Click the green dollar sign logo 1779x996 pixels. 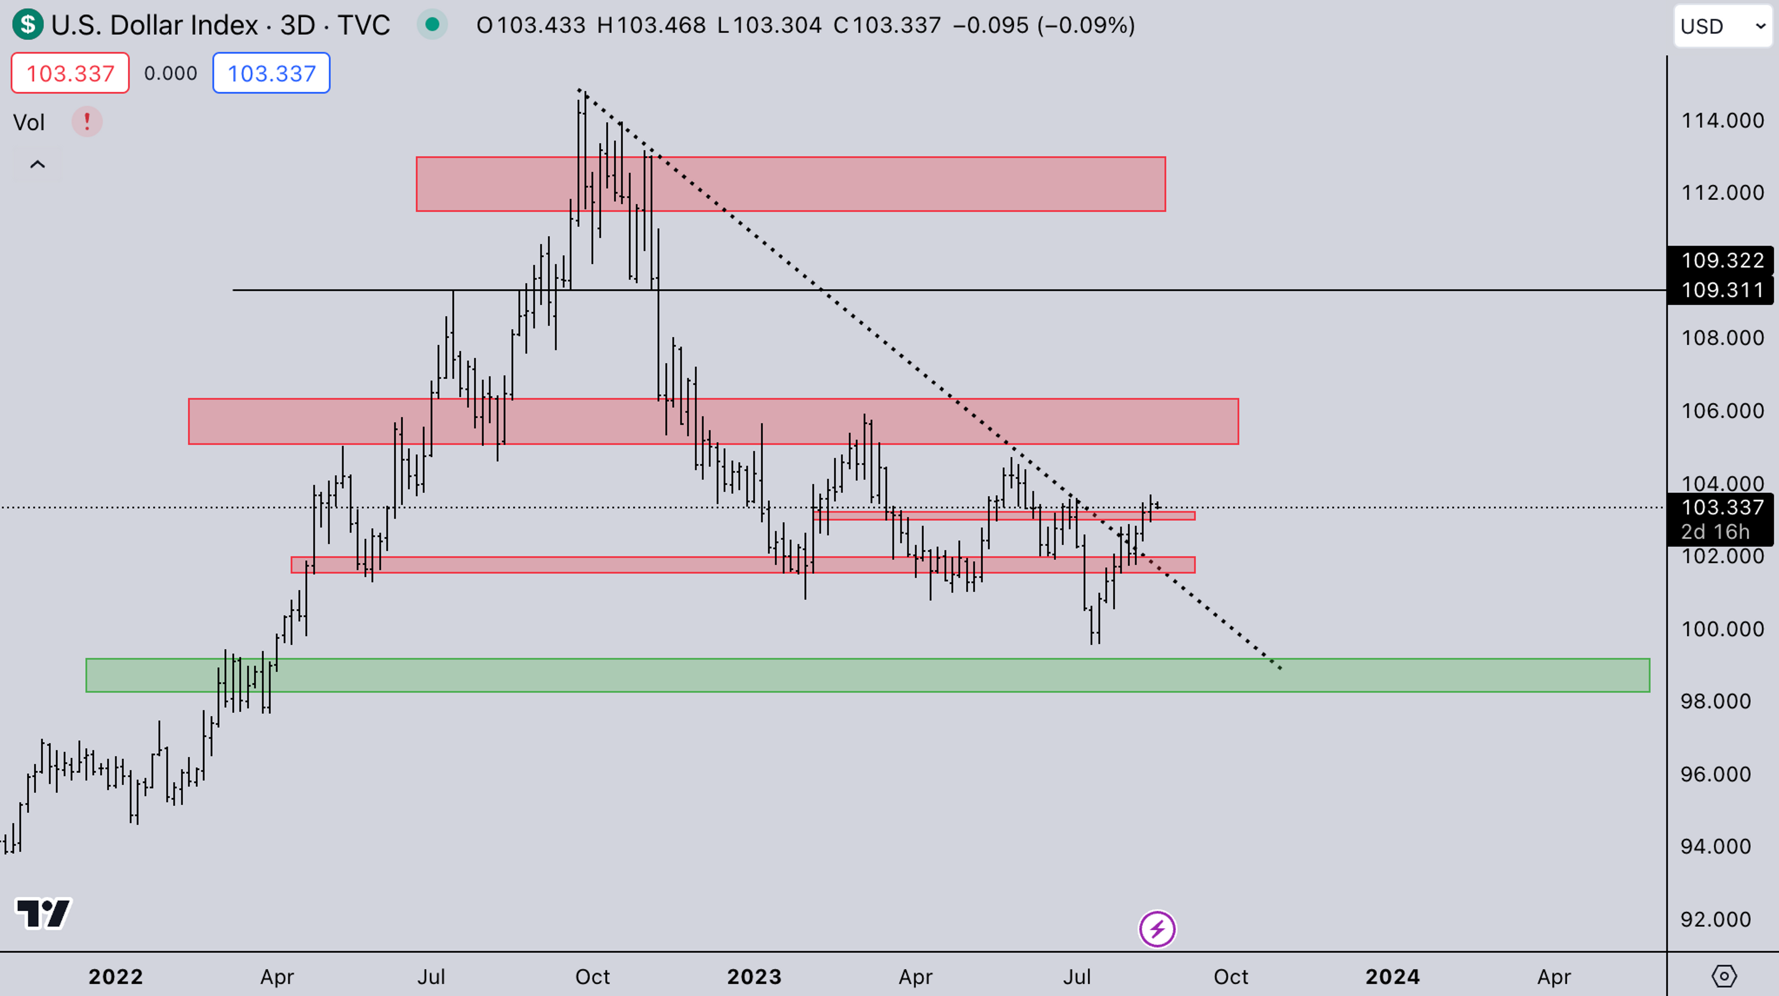28,25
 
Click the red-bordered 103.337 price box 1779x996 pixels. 70,73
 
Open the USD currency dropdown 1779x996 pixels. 1722,26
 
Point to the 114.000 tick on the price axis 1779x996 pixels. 1722,121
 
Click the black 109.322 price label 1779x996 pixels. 1722,260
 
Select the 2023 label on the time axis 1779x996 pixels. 754,977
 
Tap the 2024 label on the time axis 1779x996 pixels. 1392,977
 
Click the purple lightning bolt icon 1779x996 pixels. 1157,929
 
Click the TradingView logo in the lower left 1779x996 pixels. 43,914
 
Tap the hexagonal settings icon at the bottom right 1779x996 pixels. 1724,976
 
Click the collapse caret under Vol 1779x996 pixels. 37,164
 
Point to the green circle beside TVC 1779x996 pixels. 432,25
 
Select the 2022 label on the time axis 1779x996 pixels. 115,977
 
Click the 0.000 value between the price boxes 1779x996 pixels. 170,73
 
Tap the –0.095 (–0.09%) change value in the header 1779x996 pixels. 1043,25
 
